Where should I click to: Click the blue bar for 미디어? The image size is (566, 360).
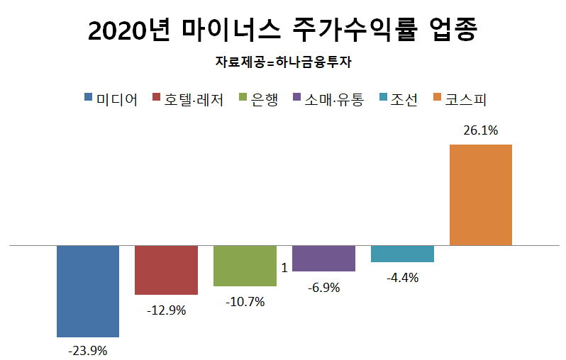click(x=87, y=291)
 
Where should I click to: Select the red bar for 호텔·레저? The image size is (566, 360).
click(x=166, y=270)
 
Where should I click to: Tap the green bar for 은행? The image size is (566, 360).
click(x=245, y=266)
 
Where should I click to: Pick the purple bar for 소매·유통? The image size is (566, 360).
click(x=323, y=259)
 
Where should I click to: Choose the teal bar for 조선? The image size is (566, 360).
click(x=402, y=254)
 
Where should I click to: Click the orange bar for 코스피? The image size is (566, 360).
click(x=481, y=195)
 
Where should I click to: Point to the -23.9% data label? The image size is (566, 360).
click(x=87, y=350)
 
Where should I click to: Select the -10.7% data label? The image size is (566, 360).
click(x=245, y=301)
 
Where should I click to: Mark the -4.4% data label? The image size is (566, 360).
click(x=402, y=277)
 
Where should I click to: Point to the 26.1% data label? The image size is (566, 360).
click(x=481, y=130)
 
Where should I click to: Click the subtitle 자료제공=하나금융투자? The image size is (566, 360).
click(x=283, y=62)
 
